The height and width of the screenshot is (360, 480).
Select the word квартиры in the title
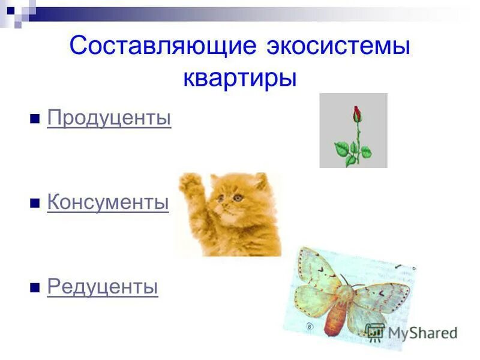tap(240, 78)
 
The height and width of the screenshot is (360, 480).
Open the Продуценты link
tap(109, 118)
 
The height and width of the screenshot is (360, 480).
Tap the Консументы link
tap(108, 203)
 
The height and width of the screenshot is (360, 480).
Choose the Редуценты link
tap(103, 287)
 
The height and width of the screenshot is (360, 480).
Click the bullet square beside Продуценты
tap(35, 119)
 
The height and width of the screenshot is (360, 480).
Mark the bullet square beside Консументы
tap(35, 203)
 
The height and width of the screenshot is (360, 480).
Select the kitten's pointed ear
tap(260, 180)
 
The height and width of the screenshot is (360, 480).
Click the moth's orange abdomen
tap(337, 316)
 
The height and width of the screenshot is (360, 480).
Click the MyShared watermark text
tap(422, 333)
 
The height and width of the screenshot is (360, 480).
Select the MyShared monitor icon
tap(375, 332)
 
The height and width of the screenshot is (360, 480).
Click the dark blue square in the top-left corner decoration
tap(11, 10)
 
